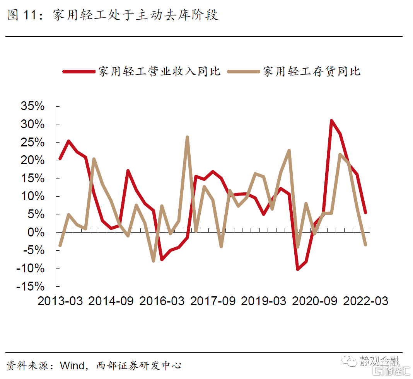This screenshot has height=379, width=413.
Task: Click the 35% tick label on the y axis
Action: [32, 106]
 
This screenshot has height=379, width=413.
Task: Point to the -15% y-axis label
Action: [30, 286]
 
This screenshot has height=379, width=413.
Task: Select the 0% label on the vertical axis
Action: [36, 233]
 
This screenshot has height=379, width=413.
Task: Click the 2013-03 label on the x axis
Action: [60, 301]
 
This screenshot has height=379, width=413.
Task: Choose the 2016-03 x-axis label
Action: [162, 301]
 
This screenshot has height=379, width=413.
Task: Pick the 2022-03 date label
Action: [365, 301]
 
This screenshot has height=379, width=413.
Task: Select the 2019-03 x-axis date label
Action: [264, 301]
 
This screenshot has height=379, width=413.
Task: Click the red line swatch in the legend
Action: [79, 71]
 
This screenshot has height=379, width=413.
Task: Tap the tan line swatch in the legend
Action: [243, 71]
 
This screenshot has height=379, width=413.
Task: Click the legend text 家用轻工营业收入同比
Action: [159, 71]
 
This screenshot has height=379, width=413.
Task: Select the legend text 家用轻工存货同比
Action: [312, 71]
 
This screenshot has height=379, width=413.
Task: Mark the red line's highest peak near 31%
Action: [331, 121]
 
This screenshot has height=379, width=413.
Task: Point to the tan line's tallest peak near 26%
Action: [187, 137]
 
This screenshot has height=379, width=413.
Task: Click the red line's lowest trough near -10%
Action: [298, 269]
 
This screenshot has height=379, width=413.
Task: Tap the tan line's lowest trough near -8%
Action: [154, 261]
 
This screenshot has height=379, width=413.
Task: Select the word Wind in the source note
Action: [72, 365]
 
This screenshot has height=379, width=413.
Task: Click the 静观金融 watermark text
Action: [379, 360]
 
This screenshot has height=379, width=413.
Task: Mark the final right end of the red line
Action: [365, 212]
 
